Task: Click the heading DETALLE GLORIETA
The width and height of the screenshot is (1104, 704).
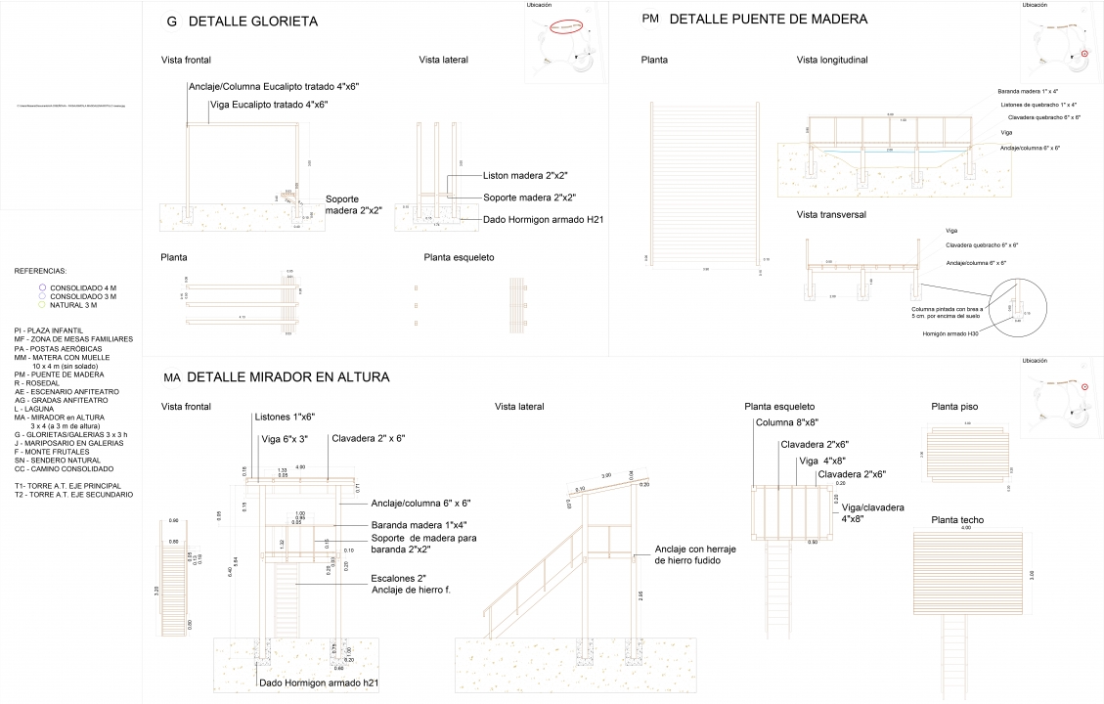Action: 252,22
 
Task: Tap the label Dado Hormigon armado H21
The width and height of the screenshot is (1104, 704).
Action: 543,219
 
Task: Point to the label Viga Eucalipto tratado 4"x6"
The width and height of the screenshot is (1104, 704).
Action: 268,104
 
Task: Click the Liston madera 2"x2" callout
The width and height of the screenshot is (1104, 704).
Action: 525,176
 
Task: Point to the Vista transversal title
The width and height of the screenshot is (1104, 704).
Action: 831,214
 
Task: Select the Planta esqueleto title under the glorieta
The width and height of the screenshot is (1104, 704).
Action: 459,257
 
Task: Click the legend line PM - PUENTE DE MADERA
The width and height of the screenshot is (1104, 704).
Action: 60,374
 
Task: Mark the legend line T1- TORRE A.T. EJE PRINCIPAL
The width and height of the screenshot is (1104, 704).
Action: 67,486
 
